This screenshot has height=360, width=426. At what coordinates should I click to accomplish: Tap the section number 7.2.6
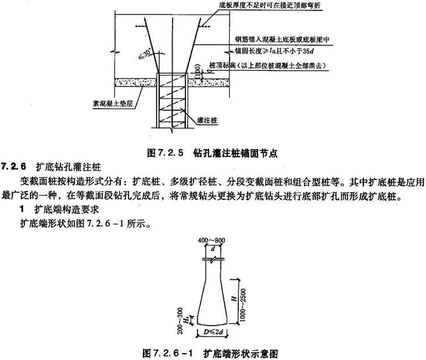15,167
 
